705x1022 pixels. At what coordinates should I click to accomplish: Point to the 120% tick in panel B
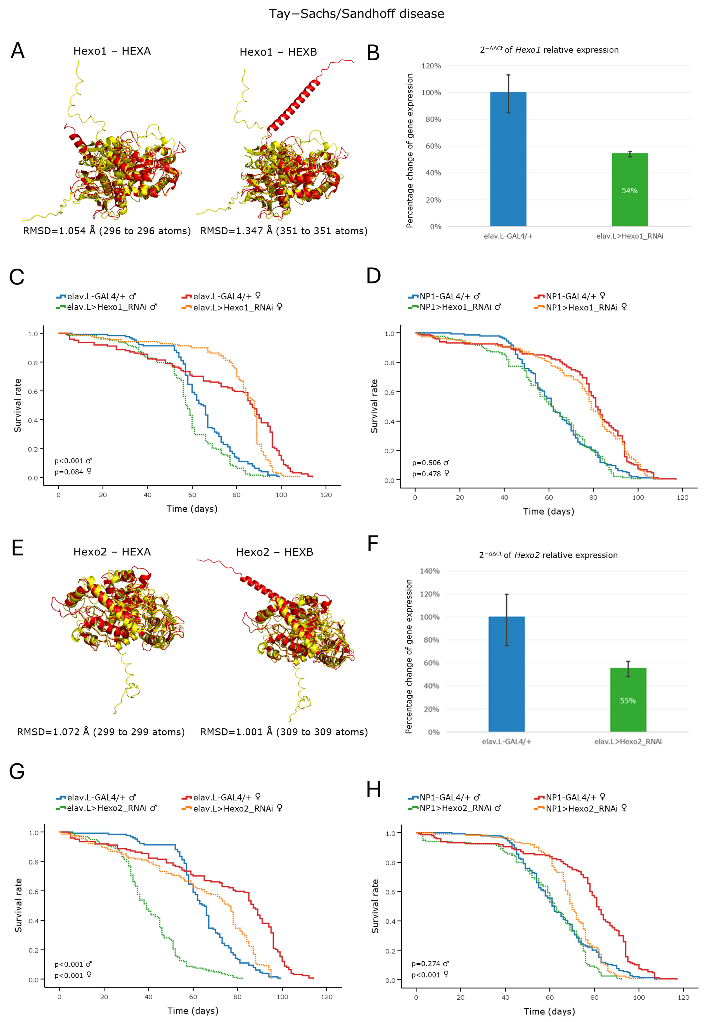point(431,66)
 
